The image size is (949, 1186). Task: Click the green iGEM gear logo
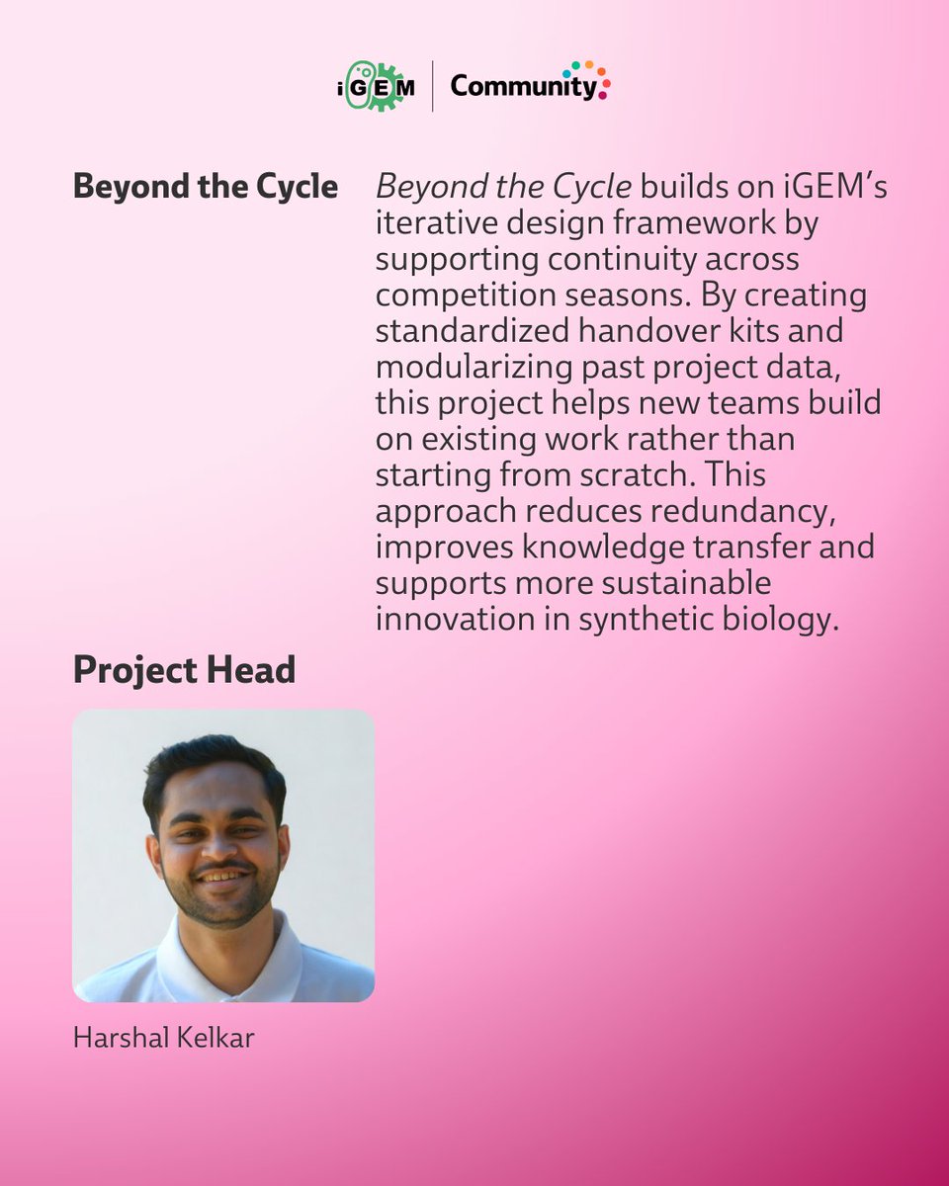coord(376,86)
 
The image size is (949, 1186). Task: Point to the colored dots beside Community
coord(594,78)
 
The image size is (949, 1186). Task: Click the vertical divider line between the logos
coord(432,87)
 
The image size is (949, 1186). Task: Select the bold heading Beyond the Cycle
coord(205,187)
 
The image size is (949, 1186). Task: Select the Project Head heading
coord(184,670)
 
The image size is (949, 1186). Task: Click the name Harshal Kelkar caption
coord(163,1039)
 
